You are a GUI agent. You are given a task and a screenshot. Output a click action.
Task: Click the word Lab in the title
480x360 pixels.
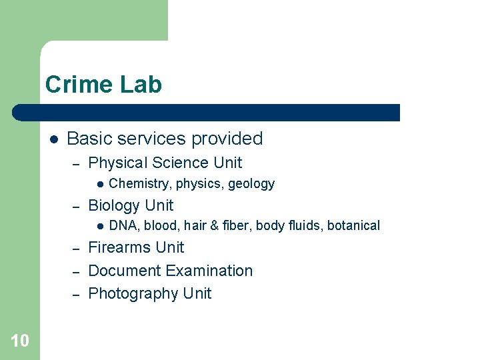click(141, 85)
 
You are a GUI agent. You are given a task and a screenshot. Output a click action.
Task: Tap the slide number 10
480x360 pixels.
click(20, 341)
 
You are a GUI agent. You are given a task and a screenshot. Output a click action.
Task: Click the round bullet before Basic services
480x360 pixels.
click(54, 139)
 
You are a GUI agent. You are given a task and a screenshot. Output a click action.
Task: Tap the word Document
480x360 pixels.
click(125, 271)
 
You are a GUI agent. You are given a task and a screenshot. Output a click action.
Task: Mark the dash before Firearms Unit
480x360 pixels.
click(76, 248)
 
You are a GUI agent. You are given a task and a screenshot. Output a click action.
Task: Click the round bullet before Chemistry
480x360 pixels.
click(98, 184)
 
